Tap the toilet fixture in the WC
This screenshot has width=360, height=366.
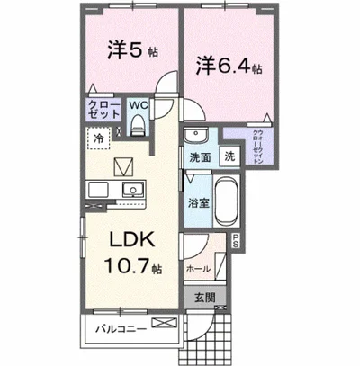138,125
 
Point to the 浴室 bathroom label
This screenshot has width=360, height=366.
198,204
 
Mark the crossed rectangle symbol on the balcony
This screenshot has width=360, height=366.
161,323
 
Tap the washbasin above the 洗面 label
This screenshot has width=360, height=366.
195,134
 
